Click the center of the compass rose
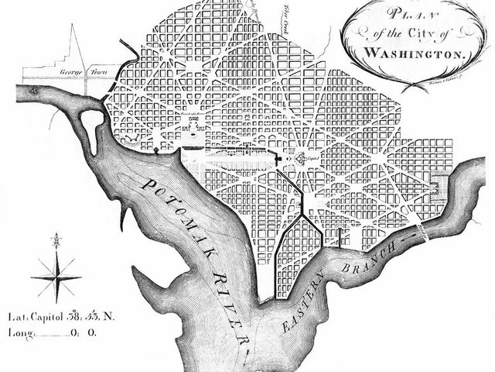click(56, 276)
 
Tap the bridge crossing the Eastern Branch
click(421, 229)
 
